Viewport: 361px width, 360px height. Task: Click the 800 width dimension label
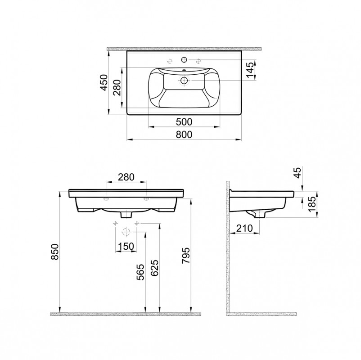(x=184, y=135)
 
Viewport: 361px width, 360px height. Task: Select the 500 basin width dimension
(x=184, y=122)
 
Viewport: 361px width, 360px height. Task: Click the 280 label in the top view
(x=117, y=87)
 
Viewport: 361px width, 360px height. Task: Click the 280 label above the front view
(x=126, y=177)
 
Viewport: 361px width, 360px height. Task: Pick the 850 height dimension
(x=55, y=252)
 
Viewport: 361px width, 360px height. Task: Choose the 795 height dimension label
(x=185, y=256)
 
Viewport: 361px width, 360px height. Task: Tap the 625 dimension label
(x=154, y=268)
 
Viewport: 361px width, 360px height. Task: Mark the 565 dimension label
(x=140, y=272)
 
